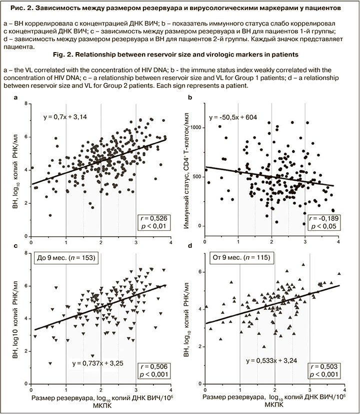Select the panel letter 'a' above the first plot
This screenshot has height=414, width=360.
[x=17, y=99]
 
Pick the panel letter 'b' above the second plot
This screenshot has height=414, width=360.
[x=189, y=99]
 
